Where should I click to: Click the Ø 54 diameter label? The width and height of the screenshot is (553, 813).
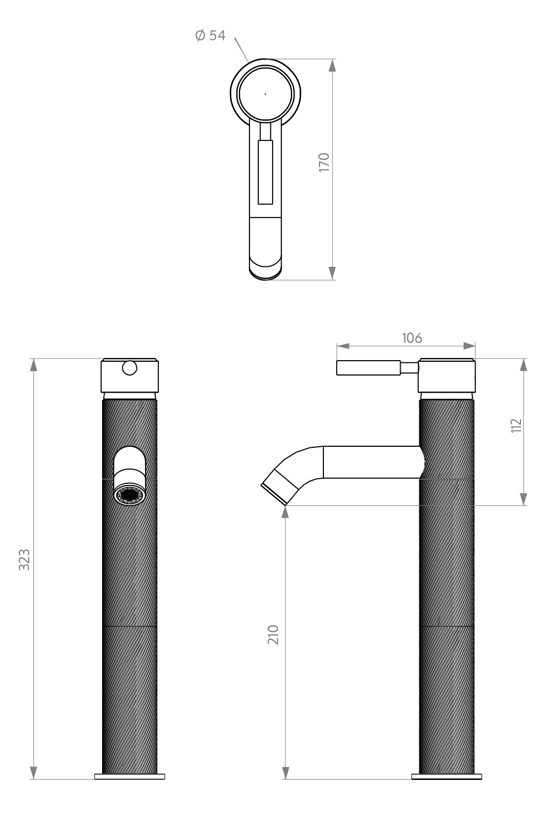click(210, 35)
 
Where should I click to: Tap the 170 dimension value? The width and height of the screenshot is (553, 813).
click(324, 162)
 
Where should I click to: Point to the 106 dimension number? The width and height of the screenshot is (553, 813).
click(412, 338)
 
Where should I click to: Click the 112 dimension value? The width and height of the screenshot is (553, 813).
click(516, 425)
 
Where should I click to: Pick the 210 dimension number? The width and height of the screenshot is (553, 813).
click(273, 635)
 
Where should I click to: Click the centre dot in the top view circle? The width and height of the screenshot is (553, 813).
click(265, 94)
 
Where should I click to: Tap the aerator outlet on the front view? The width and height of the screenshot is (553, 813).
click(130, 495)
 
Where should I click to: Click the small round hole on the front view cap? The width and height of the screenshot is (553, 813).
click(130, 368)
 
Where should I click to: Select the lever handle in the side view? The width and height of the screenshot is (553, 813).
click(377, 368)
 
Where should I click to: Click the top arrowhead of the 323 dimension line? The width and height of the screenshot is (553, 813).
click(33, 365)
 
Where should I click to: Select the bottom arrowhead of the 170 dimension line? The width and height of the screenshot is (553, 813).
click(332, 273)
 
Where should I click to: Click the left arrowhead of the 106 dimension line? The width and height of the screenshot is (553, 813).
click(343, 346)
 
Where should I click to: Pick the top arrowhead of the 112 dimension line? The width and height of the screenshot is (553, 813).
click(523, 365)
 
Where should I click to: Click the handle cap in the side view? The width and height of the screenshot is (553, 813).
click(446, 375)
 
